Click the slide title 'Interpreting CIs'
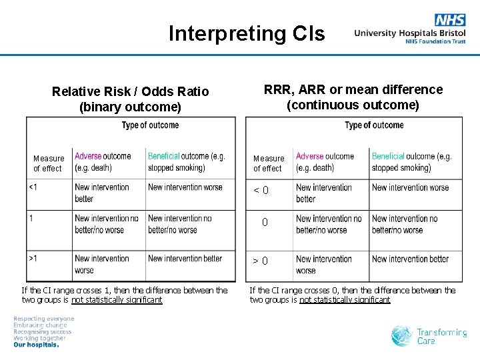click(x=247, y=33)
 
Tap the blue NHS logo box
click(x=450, y=20)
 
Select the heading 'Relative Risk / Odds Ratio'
click(x=130, y=91)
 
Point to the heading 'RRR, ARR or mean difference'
click(x=353, y=89)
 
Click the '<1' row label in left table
click(x=33, y=187)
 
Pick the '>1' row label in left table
click(x=33, y=259)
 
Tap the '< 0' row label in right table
click(x=261, y=191)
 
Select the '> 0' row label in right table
click(x=261, y=261)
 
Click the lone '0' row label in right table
click(x=265, y=223)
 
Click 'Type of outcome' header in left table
click(x=150, y=125)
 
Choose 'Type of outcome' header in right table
click(x=374, y=125)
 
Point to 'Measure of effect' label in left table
click(x=49, y=163)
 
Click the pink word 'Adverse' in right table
click(x=309, y=156)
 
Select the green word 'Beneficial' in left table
click(x=163, y=156)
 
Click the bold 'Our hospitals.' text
click(x=36, y=345)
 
